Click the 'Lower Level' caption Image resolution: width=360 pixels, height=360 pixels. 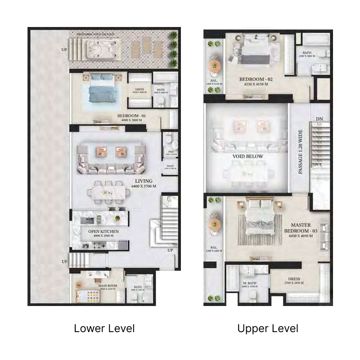coord(104,328)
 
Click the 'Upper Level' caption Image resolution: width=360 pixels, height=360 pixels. coord(268,328)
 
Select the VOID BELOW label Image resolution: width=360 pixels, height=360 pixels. coord(247,157)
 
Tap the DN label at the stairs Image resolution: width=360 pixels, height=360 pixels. coord(319,118)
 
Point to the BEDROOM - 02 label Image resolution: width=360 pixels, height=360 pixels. coord(256,80)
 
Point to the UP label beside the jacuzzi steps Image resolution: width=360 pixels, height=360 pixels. coord(64,49)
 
